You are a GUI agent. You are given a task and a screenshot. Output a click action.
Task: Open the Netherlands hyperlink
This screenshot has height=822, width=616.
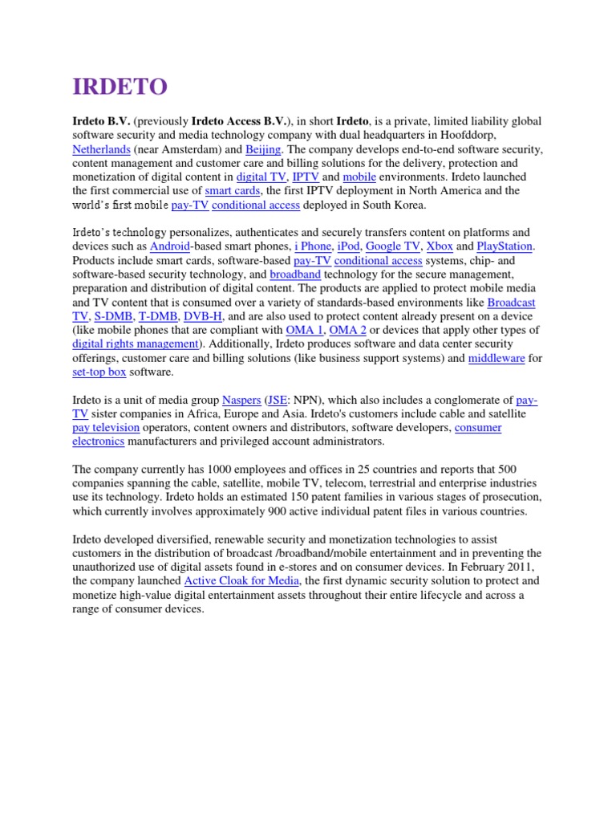[x=99, y=149]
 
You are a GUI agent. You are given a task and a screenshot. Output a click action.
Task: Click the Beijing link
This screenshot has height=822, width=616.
[x=262, y=149]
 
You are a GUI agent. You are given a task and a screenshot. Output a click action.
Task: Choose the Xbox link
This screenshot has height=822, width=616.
[x=440, y=246]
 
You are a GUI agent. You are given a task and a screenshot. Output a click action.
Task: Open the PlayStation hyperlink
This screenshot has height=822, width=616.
[x=505, y=246]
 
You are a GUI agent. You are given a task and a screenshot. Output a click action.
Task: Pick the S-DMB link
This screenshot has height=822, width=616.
[x=113, y=316]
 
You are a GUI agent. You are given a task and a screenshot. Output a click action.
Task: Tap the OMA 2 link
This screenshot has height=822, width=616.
[x=348, y=330]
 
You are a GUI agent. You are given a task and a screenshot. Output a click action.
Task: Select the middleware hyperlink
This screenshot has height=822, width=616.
[x=496, y=358]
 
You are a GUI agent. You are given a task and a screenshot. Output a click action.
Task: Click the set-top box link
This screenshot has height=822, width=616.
[x=99, y=372]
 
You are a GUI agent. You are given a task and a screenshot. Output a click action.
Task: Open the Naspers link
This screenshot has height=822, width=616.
[x=241, y=400]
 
